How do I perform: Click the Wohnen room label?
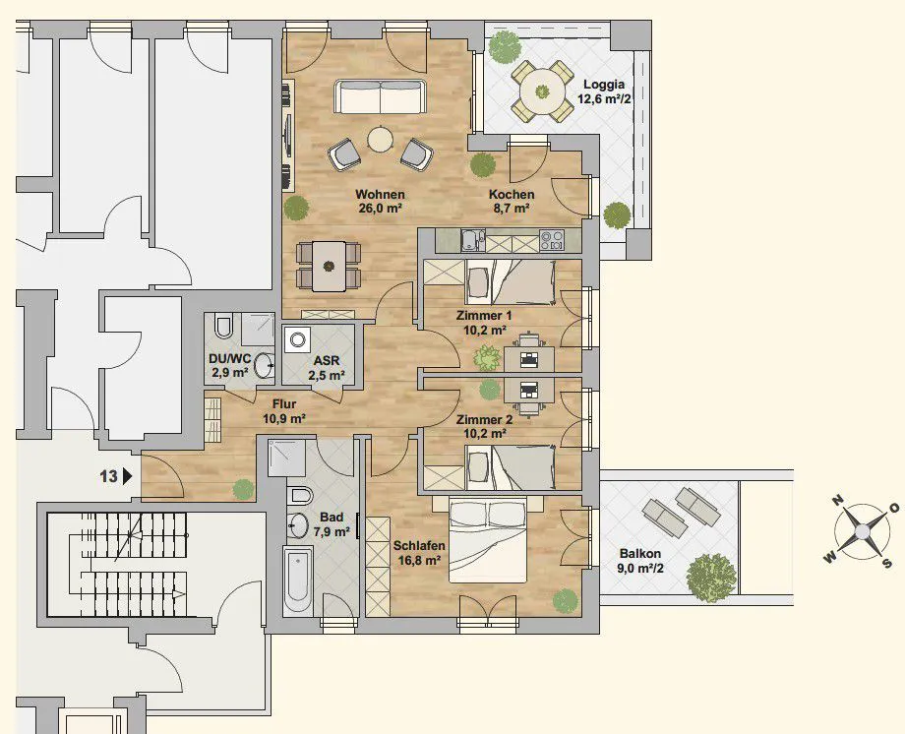380,194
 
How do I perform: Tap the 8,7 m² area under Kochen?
512,209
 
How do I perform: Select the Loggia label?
604,85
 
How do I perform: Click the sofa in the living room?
380,97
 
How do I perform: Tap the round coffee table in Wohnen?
380,139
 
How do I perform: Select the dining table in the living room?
329,267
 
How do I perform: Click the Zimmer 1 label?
484,316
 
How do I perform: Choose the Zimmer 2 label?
484,420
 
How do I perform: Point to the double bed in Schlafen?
488,540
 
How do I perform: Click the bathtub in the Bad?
298,581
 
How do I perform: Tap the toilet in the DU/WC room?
222,327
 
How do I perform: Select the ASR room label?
327,361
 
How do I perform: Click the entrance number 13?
108,476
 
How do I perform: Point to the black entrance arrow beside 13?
128,476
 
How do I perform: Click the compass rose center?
861,530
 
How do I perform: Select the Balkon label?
640,554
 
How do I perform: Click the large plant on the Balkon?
711,579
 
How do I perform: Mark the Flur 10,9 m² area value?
284,419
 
